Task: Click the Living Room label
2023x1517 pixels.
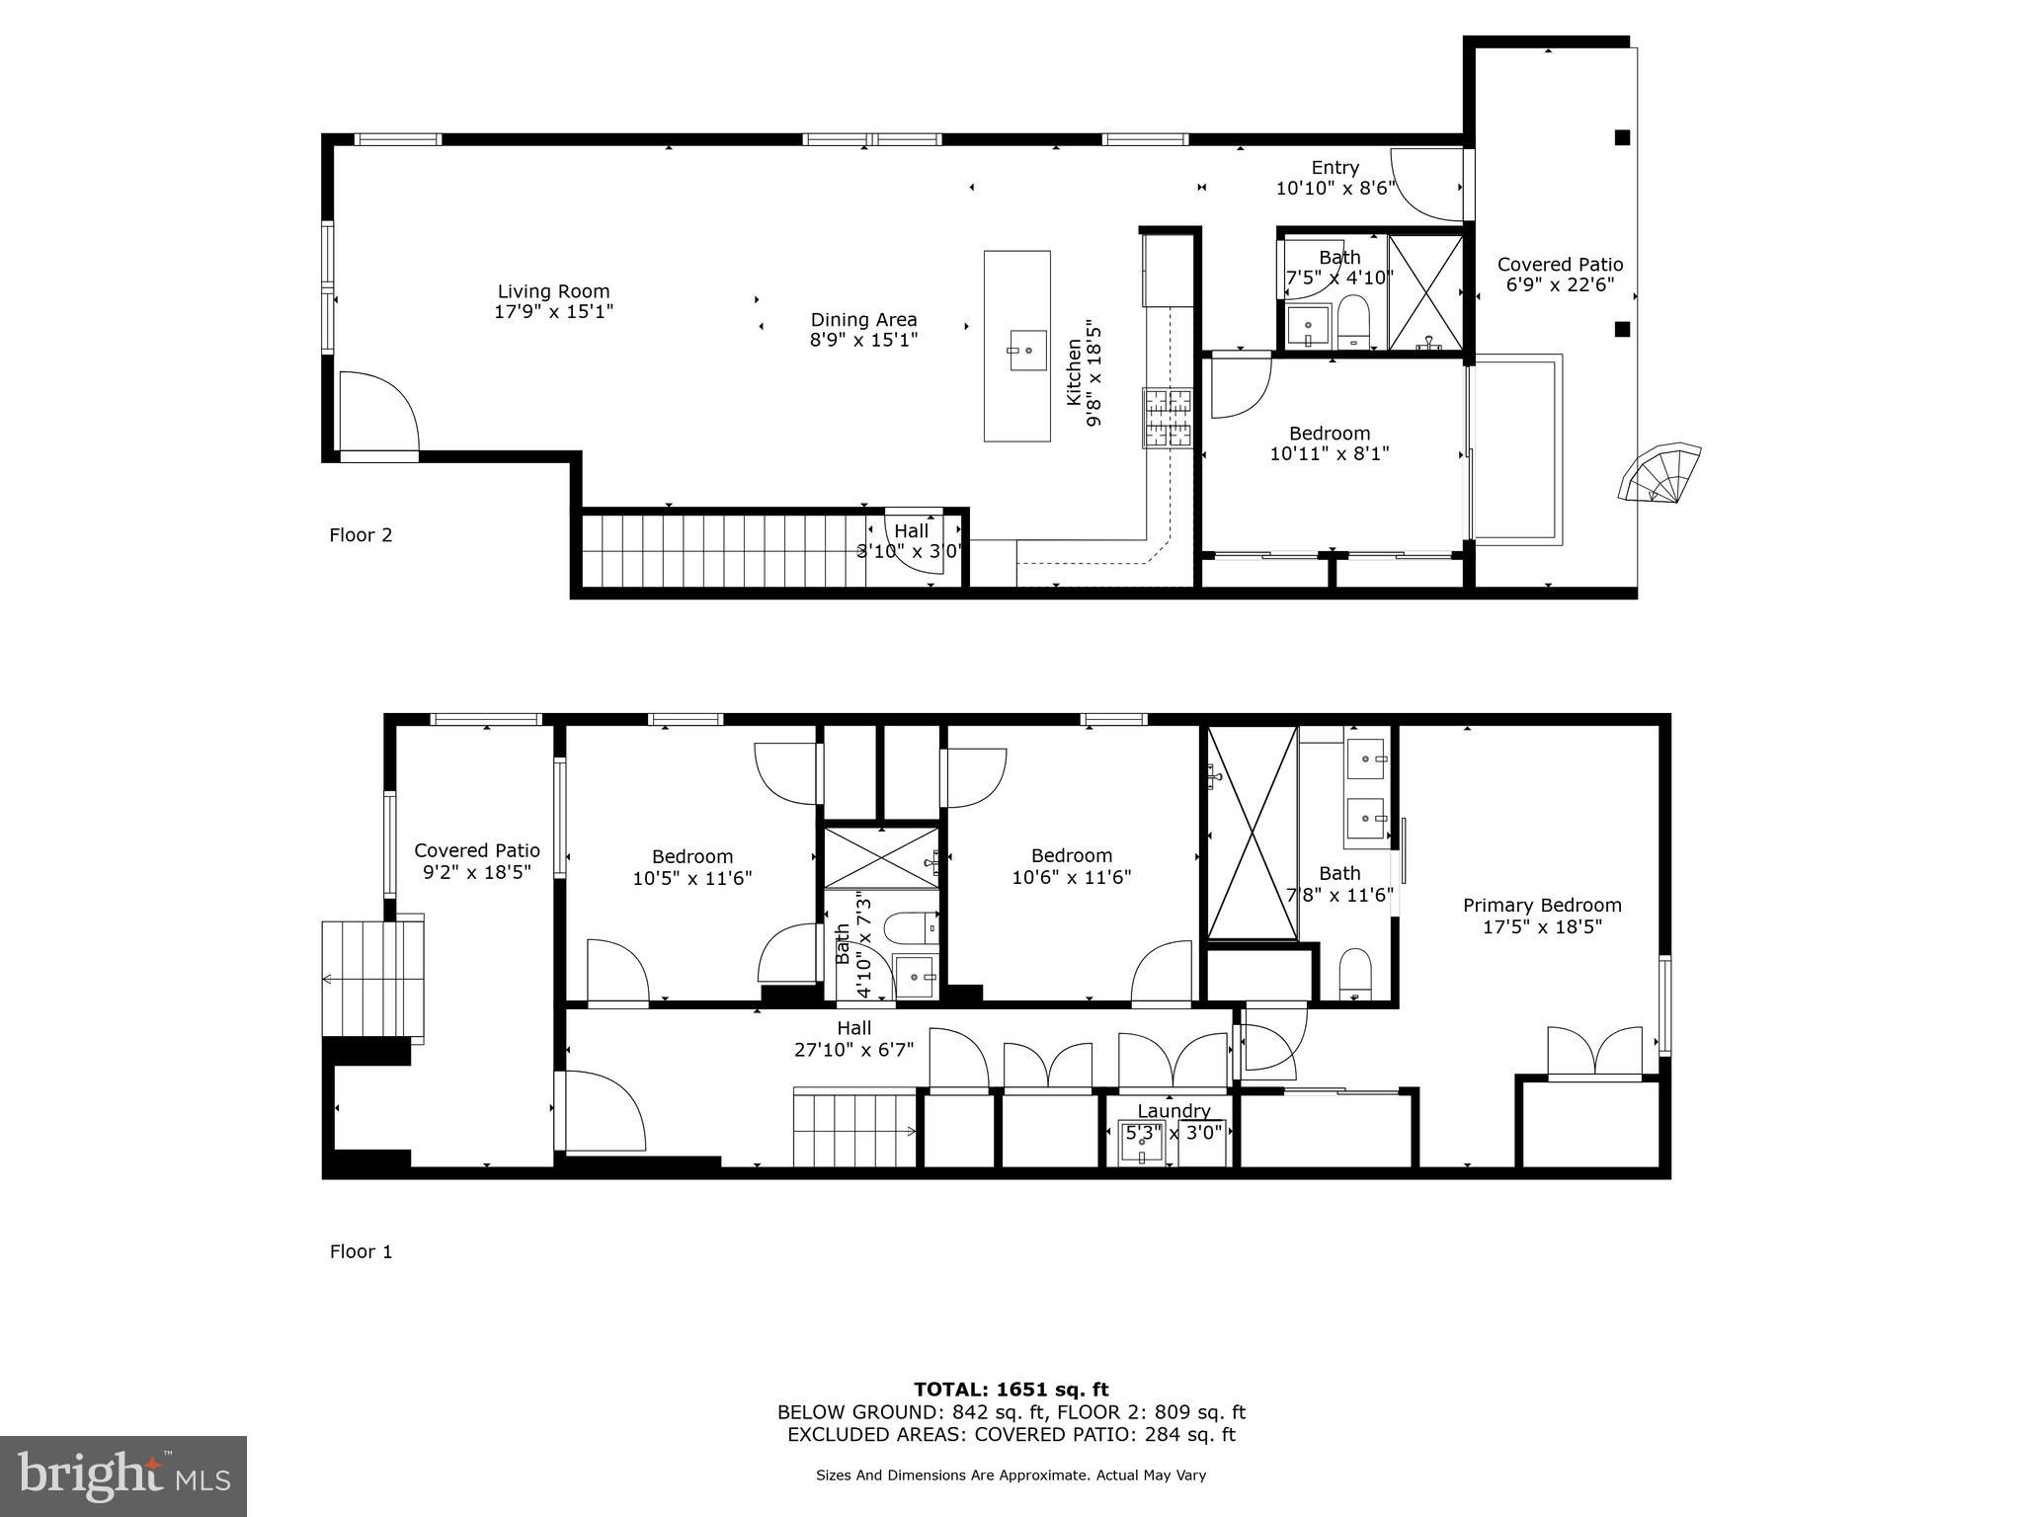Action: point(553,291)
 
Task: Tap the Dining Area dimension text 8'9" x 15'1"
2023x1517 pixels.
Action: point(864,340)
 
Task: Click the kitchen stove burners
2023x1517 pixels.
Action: point(1169,419)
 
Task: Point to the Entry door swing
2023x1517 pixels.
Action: point(1426,185)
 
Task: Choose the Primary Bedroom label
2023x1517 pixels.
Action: point(1542,906)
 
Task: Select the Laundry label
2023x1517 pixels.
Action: point(1173,1111)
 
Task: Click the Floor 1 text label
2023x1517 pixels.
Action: point(361,1252)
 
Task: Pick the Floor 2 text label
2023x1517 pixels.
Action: point(361,535)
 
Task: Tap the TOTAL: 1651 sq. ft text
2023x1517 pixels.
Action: point(1011,1390)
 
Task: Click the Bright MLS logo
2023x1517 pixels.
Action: point(123,1476)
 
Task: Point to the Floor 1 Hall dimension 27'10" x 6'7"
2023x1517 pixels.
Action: point(854,1050)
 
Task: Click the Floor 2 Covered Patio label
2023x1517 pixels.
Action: point(1561,265)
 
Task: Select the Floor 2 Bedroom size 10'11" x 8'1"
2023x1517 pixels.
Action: point(1330,454)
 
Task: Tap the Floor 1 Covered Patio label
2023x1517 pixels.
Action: point(477,850)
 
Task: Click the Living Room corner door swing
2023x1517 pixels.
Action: point(379,412)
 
